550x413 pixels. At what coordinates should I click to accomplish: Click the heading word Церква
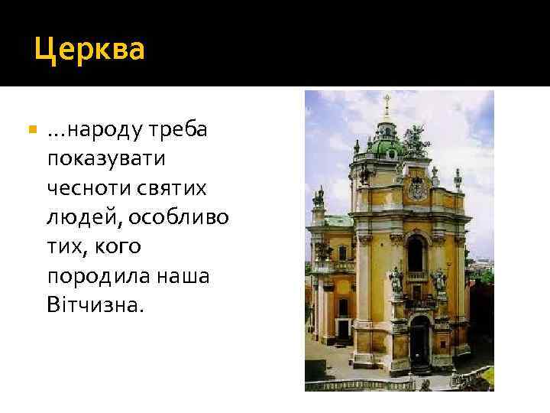pos(90,50)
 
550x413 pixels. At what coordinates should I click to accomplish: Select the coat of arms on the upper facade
pos(417,188)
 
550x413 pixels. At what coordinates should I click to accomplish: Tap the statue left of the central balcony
pos(396,280)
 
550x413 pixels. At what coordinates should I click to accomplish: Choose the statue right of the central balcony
pos(439,280)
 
